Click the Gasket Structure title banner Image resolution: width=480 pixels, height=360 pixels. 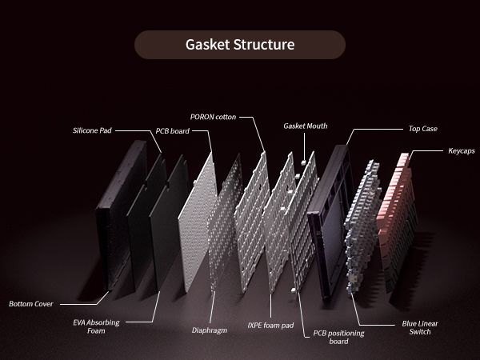[240, 45]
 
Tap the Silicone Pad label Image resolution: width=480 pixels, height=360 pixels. [92, 130]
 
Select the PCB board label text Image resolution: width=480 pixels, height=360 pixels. [172, 131]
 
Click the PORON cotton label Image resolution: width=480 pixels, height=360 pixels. [213, 117]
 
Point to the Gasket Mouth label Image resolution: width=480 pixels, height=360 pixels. [306, 126]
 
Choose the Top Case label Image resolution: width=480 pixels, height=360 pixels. [422, 129]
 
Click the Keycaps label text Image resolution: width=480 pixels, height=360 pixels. [462, 151]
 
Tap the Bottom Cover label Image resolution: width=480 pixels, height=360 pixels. [31, 304]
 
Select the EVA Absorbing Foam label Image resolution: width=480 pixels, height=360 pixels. [96, 326]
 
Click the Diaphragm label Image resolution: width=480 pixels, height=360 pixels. [210, 330]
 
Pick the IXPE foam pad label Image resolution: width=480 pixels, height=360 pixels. [270, 326]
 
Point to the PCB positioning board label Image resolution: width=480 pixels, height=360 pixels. [338, 337]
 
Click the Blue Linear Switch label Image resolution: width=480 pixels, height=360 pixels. [420, 327]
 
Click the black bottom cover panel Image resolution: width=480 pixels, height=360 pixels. [121, 214]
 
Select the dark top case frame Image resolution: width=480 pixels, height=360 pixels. [329, 222]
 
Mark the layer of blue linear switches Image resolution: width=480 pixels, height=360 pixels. [362, 226]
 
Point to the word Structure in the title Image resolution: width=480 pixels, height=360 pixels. [264, 45]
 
